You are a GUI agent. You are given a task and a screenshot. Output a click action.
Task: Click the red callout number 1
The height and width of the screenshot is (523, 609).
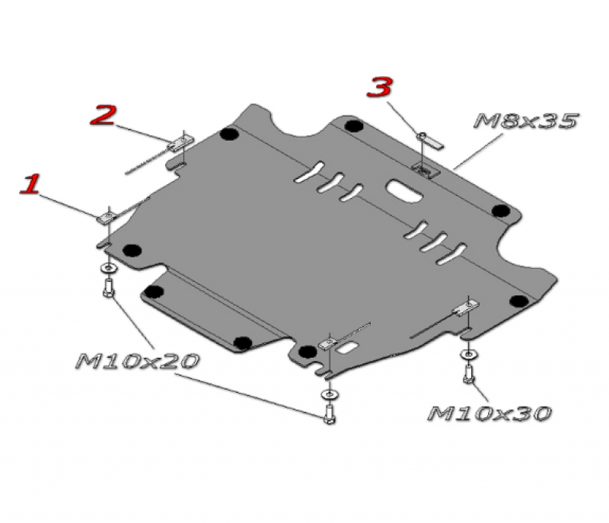(x=30, y=183)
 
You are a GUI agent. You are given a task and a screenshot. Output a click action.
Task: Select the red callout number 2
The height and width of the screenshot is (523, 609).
(x=103, y=114)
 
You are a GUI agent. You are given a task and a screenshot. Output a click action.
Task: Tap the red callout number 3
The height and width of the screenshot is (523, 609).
(x=379, y=87)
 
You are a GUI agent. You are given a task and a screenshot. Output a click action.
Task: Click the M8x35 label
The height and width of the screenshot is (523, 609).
(x=526, y=121)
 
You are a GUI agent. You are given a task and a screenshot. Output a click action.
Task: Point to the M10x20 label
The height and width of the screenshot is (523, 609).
(x=138, y=361)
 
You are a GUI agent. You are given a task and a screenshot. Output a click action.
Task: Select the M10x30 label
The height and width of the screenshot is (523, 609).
(x=489, y=413)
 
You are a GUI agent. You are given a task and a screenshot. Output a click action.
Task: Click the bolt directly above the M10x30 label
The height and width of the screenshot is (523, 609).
(x=469, y=375)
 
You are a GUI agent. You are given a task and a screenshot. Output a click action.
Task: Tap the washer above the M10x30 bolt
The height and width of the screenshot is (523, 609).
(x=469, y=354)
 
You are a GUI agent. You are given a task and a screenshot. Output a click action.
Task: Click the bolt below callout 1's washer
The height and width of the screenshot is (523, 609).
(x=109, y=288)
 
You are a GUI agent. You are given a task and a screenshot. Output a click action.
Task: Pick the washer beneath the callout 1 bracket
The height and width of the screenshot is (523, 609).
(x=108, y=267)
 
